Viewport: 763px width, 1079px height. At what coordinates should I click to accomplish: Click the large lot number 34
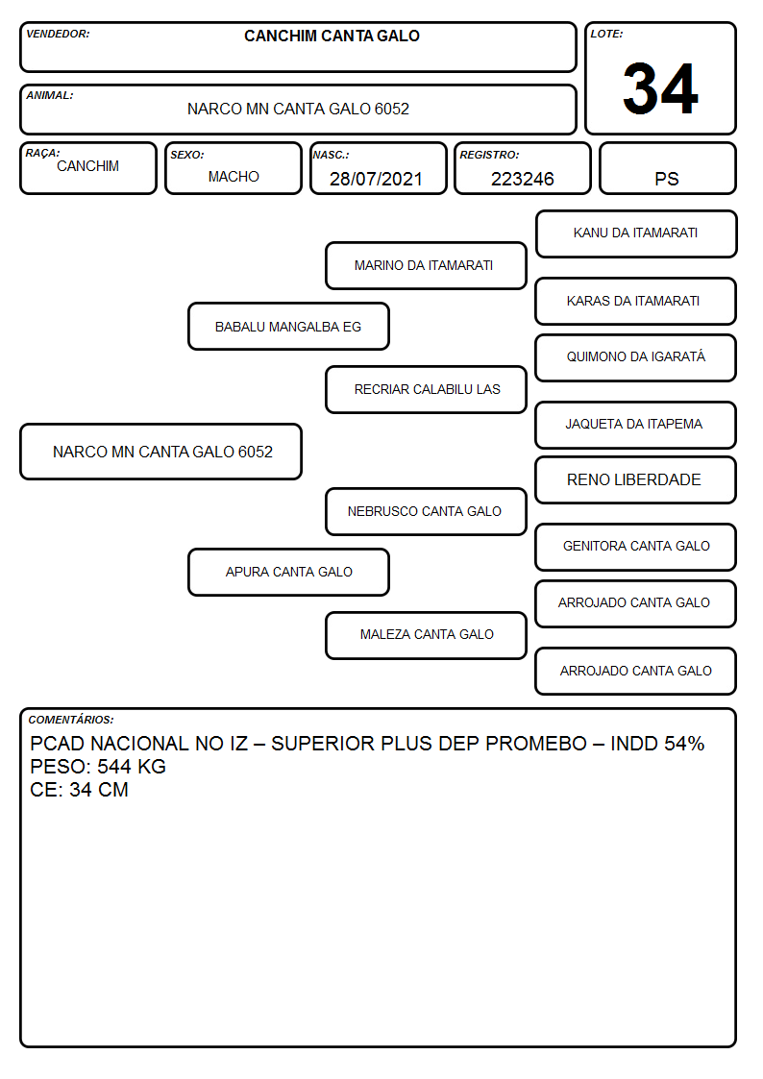click(x=660, y=88)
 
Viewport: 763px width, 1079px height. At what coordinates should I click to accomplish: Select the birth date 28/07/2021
click(x=376, y=179)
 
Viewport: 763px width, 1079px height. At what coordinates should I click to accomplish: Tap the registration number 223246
click(x=522, y=179)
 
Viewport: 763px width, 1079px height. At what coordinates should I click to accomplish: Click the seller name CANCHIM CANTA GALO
click(x=332, y=36)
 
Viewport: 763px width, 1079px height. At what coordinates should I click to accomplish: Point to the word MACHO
click(x=234, y=177)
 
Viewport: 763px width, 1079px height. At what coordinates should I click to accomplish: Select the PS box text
click(x=667, y=179)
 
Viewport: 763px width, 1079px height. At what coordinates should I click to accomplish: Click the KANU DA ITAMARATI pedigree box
click(x=636, y=234)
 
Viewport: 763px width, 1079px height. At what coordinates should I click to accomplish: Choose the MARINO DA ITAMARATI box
click(x=426, y=265)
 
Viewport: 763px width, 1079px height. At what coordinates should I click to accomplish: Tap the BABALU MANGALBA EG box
click(x=288, y=326)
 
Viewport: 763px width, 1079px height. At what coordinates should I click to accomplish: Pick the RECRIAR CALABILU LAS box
click(x=426, y=389)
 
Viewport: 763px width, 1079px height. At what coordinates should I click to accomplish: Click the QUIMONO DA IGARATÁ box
click(x=636, y=357)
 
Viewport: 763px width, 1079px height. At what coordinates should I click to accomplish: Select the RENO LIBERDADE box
click(x=636, y=479)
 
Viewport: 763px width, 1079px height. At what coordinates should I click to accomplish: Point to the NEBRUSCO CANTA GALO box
click(x=426, y=511)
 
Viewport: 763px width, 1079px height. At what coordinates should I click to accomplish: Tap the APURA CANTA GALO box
click(x=288, y=572)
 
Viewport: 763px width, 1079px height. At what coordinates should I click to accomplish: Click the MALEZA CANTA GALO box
click(x=426, y=635)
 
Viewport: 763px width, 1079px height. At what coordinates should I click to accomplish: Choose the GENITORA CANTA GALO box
click(x=636, y=547)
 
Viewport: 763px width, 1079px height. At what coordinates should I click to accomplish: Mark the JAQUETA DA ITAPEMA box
click(x=636, y=425)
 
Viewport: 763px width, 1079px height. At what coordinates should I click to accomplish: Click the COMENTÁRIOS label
click(x=71, y=720)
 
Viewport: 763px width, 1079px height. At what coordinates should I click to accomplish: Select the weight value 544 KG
click(x=132, y=767)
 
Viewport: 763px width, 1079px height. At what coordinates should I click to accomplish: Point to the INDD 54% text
click(x=657, y=744)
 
